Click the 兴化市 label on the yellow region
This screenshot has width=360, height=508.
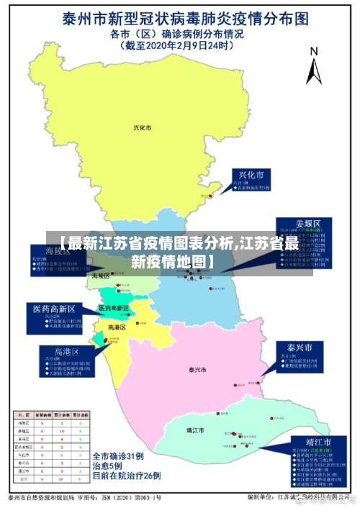pyautogui.click(x=143, y=128)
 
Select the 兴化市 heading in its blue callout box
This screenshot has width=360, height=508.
pyautogui.click(x=251, y=176)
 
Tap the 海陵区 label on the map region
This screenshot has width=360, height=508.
pyautogui.click(x=101, y=276)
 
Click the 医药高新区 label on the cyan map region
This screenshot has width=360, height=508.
pyautogui.click(x=114, y=308)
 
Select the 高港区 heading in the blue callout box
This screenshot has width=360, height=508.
pyautogui.click(x=66, y=352)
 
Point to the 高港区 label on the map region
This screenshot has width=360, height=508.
pyautogui.click(x=117, y=327)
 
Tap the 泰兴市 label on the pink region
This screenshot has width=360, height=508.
pyautogui.click(x=197, y=370)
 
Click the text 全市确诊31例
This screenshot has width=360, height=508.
pyautogui.click(x=120, y=456)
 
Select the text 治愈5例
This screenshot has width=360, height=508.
pyautogui.click(x=108, y=466)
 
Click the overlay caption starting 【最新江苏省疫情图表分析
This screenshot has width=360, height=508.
pyautogui.click(x=180, y=251)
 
